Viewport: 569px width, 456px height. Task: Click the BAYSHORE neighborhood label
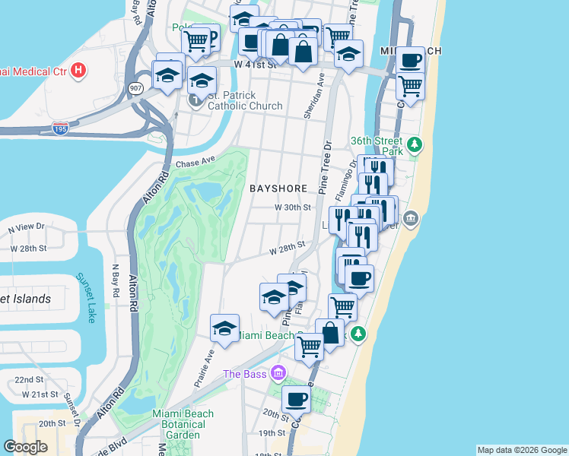pyautogui.click(x=278, y=188)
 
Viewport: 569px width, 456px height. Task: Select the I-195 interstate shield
pyautogui.click(x=60, y=128)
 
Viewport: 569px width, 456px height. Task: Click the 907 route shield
pyautogui.click(x=134, y=87)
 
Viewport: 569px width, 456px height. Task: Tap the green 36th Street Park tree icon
pyautogui.click(x=414, y=144)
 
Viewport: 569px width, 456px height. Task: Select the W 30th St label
pyautogui.click(x=293, y=207)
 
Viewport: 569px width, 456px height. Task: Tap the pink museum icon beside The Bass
pyautogui.click(x=278, y=373)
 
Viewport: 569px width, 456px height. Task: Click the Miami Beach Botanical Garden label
pyautogui.click(x=183, y=424)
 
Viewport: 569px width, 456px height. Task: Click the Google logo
pyautogui.click(x=26, y=447)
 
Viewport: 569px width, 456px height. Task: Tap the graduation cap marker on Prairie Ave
pyautogui.click(x=224, y=328)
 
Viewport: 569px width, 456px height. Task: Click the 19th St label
pyautogui.click(x=271, y=433)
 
